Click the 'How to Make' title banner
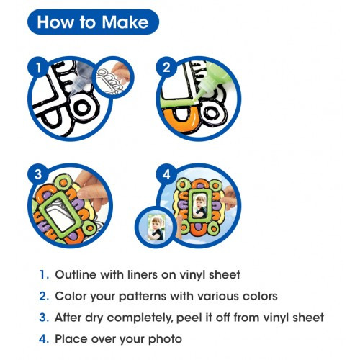93,22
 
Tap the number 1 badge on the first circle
38,68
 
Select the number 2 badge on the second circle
166,67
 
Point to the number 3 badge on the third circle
38,174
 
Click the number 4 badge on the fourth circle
166,174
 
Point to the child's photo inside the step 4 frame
200,206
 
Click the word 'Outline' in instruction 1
76,274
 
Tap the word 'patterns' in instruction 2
143,297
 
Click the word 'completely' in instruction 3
140,318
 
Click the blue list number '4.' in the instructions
44,339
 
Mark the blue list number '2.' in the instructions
44,296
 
